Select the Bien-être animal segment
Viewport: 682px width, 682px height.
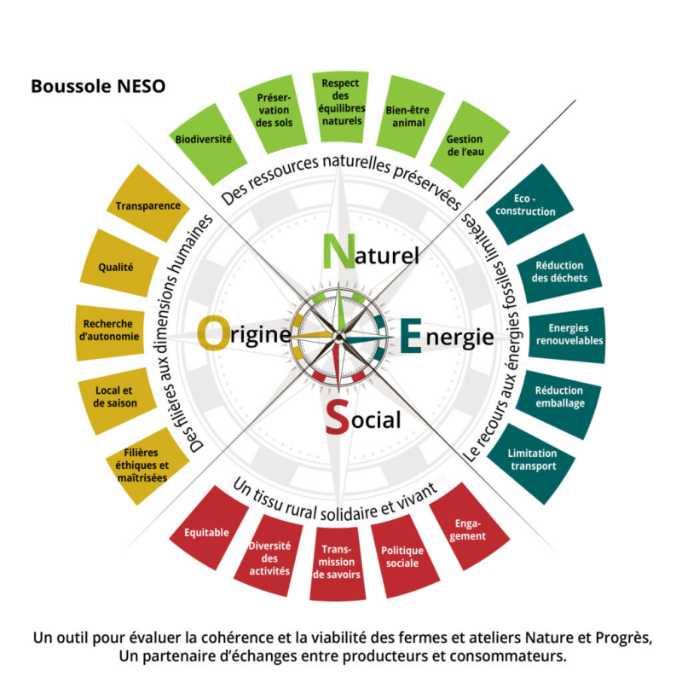pos(410,116)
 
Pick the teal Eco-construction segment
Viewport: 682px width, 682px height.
pos(529,205)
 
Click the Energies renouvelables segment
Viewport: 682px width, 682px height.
pos(567,335)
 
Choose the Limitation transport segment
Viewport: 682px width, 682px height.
pos(531,463)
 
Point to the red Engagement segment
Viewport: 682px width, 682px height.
pos(469,526)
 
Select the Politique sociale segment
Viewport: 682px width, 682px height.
pos(404,557)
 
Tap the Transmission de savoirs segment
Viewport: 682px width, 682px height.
pos(337,564)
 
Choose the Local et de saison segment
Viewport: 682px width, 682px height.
pos(117,401)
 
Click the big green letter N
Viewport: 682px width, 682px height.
pos(338,251)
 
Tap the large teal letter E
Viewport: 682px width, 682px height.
pos(411,335)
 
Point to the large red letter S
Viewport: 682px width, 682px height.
pos(338,417)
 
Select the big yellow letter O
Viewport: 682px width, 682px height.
pos(213,332)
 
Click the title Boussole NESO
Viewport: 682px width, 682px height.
pos(98,86)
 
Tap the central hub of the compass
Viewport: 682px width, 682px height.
pos(338,336)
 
